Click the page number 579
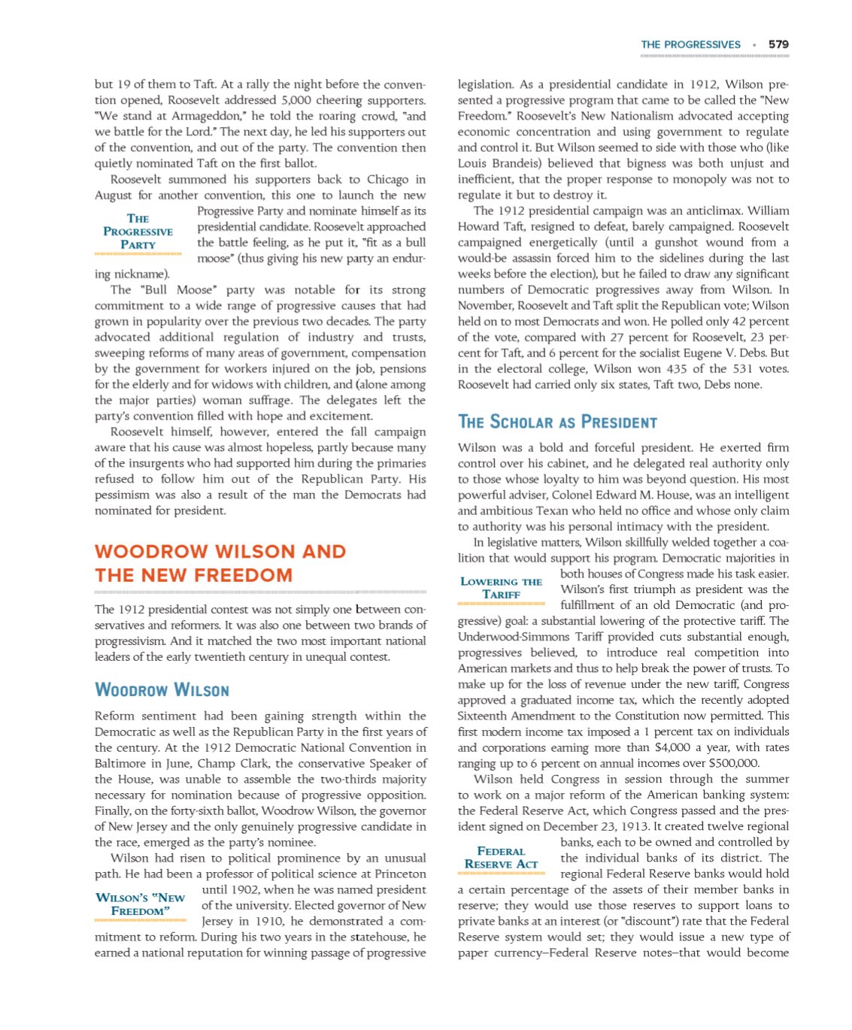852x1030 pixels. [778, 44]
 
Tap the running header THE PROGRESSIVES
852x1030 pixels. [690, 44]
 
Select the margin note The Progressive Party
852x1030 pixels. [138, 232]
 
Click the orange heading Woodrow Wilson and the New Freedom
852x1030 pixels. [220, 563]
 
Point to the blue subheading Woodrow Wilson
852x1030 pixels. [162, 690]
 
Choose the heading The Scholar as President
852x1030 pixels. [557, 422]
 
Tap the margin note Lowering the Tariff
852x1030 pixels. [501, 588]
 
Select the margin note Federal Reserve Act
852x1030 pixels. [501, 858]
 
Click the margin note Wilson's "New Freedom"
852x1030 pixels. [140, 904]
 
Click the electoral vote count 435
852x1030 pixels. [671, 368]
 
